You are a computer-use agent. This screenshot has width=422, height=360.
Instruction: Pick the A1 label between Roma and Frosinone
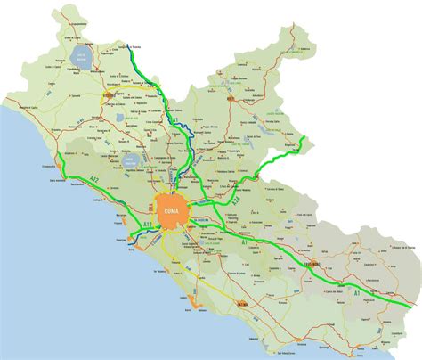tap(242, 241)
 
